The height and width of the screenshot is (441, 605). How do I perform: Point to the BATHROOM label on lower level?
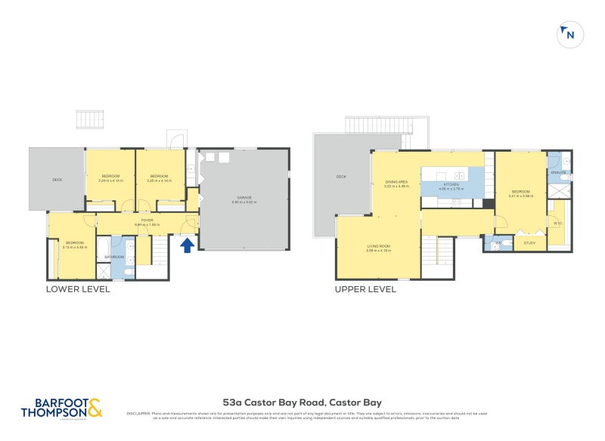114,258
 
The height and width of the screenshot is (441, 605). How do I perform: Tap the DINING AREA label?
397,182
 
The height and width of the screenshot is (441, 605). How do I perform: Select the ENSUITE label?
559,173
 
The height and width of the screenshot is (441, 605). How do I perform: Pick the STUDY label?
529,242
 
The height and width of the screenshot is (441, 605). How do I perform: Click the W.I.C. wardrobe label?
557,223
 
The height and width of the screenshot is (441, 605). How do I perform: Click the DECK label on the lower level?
57,180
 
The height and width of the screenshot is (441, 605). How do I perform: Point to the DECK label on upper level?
341,177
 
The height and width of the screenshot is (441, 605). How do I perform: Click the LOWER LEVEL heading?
78,288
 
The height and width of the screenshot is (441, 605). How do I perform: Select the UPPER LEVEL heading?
366,288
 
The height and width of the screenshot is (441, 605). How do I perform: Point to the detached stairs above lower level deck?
90,119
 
